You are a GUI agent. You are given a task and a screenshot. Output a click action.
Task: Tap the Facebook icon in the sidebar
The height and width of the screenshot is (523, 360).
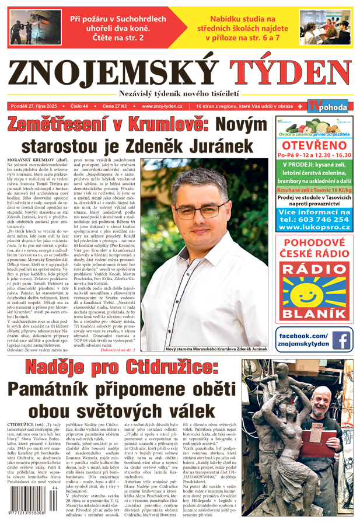click(341, 340)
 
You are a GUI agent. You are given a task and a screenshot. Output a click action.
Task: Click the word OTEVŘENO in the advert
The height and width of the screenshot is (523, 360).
click(314, 145)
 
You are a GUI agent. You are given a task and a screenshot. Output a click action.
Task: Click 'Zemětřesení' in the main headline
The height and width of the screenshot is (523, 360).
click(75, 125)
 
